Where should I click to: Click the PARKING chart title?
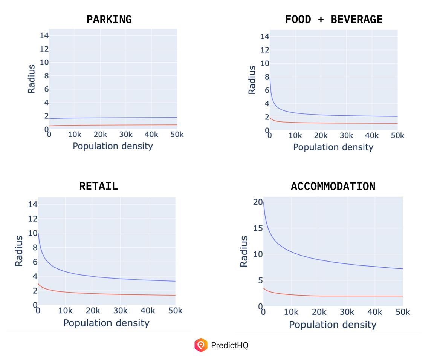click(x=109, y=20)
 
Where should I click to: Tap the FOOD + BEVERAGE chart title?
click(x=334, y=20)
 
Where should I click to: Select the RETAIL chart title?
click(x=98, y=186)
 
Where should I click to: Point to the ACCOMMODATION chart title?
click(x=333, y=186)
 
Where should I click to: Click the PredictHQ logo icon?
click(x=201, y=345)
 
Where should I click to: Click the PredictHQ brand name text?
click(x=230, y=345)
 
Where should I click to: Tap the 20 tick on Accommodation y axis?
click(x=257, y=202)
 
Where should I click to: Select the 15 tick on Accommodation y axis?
click(x=257, y=228)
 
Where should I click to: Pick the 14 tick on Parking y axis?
click(x=44, y=35)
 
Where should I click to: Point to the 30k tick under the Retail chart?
click(x=120, y=311)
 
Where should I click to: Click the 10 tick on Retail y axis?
click(x=32, y=233)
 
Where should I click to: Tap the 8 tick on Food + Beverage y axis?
click(x=266, y=77)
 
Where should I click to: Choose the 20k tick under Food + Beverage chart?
click(x=321, y=135)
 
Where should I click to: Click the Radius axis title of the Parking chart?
click(x=32, y=79)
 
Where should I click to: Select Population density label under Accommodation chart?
click(x=333, y=325)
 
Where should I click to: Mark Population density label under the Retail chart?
click(x=106, y=323)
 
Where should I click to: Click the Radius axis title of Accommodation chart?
click(x=244, y=251)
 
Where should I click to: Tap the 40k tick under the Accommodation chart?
click(x=375, y=312)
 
